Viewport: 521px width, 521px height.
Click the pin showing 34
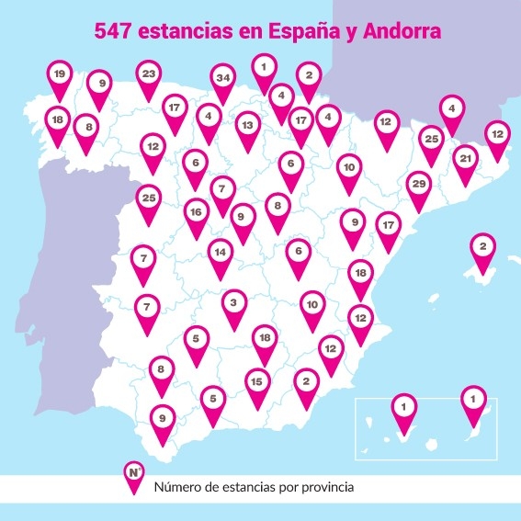(221, 79)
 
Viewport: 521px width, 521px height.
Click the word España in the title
(302, 31)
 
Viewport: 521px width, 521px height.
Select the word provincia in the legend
(322, 487)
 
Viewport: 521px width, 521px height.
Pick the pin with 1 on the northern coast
(264, 68)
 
